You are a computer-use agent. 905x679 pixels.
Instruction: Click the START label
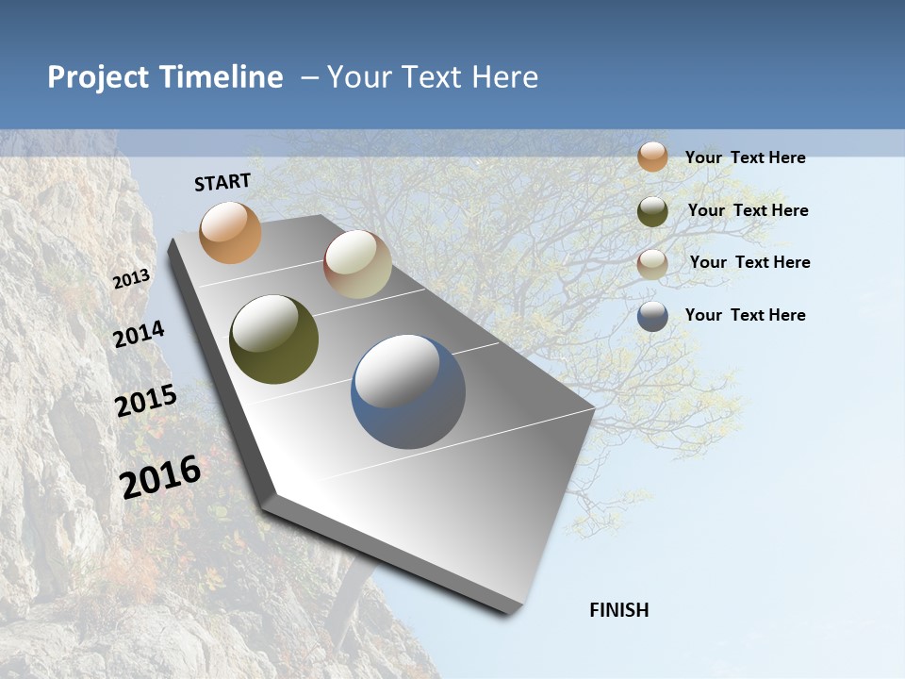coord(222,182)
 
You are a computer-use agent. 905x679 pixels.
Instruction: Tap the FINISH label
coord(619,610)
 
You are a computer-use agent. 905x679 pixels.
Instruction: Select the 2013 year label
coord(131,279)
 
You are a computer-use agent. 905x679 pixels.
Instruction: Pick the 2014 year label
coord(139,335)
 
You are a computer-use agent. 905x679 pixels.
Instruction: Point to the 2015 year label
coord(146,401)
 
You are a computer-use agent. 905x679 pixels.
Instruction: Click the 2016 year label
coord(161,477)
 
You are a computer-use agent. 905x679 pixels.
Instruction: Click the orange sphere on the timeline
coord(231,232)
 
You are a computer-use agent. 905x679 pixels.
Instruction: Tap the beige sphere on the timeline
coord(357,265)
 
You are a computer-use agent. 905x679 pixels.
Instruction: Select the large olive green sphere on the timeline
coord(273,339)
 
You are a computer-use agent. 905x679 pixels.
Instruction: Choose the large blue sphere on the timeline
coord(408,391)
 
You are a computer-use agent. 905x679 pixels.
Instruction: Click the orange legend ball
coord(652,157)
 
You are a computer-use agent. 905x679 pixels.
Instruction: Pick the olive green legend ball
coord(652,211)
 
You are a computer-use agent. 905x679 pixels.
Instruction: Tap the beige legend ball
coord(652,263)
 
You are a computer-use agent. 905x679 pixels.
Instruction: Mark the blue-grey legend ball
coord(652,316)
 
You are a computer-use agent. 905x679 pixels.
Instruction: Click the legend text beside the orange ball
coord(745,157)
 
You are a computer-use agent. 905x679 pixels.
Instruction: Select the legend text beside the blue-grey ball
coord(745,315)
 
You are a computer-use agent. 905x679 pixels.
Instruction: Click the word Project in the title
coord(98,77)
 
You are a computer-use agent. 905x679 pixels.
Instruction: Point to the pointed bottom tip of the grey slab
coord(514,611)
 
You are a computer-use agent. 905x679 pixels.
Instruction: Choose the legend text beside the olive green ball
coord(748,210)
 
